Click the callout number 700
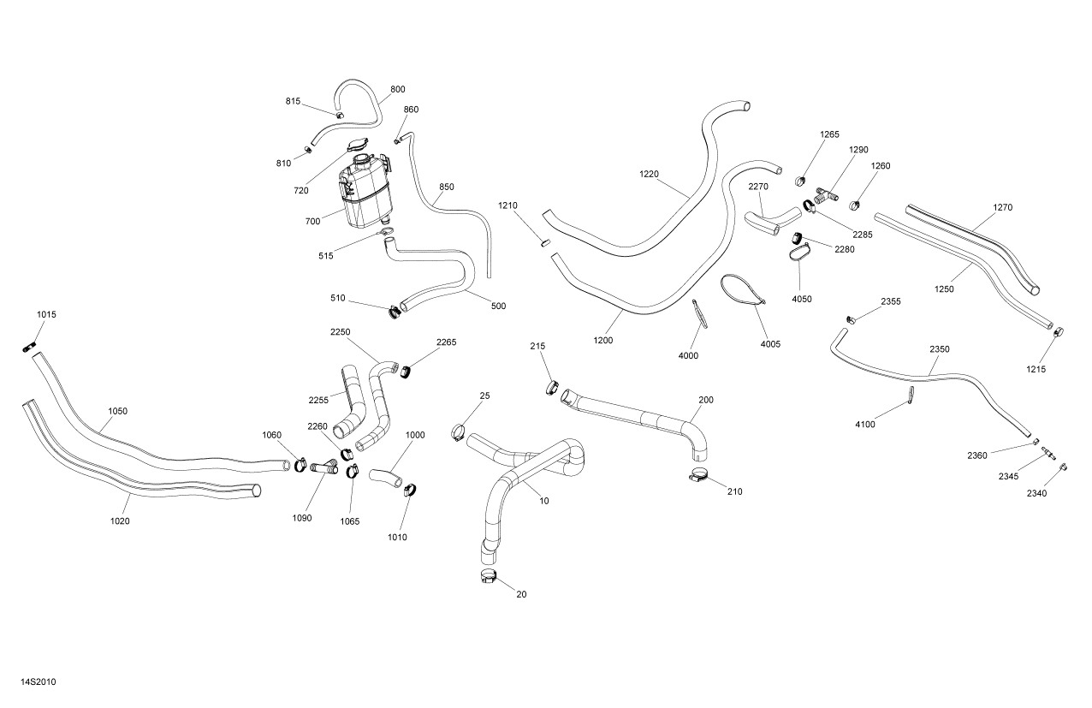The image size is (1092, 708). point(312,221)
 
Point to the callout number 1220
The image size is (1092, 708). point(650,174)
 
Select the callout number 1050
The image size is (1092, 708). point(117,411)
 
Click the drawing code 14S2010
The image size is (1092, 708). point(39,682)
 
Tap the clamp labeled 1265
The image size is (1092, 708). point(803,181)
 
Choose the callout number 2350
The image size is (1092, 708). point(940,349)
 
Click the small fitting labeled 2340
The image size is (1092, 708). point(1063,467)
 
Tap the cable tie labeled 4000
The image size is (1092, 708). point(699,312)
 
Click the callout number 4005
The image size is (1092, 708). point(770,343)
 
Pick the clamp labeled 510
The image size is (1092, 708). point(395,309)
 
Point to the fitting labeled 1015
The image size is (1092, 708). point(28,347)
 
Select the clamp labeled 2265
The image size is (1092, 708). point(407,370)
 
